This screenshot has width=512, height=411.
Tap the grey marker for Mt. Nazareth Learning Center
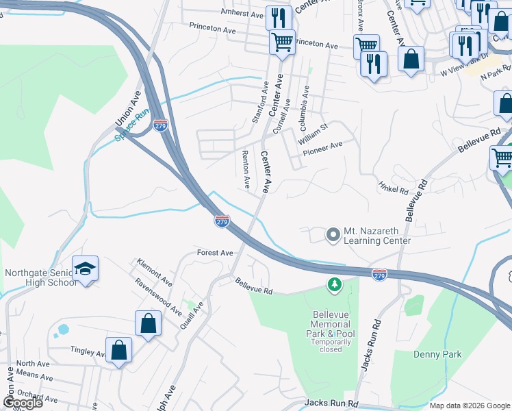[333, 235]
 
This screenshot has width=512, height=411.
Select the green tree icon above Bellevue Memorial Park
[334, 284]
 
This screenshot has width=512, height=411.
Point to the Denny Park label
[437, 354]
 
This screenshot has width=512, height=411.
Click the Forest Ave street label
[215, 253]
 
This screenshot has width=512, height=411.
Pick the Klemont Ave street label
[154, 272]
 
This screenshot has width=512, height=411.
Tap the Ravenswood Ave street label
[158, 297]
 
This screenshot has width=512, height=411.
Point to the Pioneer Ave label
[322, 146]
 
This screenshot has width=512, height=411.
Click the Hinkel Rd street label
[393, 187]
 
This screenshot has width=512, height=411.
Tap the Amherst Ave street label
[242, 13]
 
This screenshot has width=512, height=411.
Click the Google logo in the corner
[23, 403]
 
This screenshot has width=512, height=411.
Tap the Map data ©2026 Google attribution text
[470, 406]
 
